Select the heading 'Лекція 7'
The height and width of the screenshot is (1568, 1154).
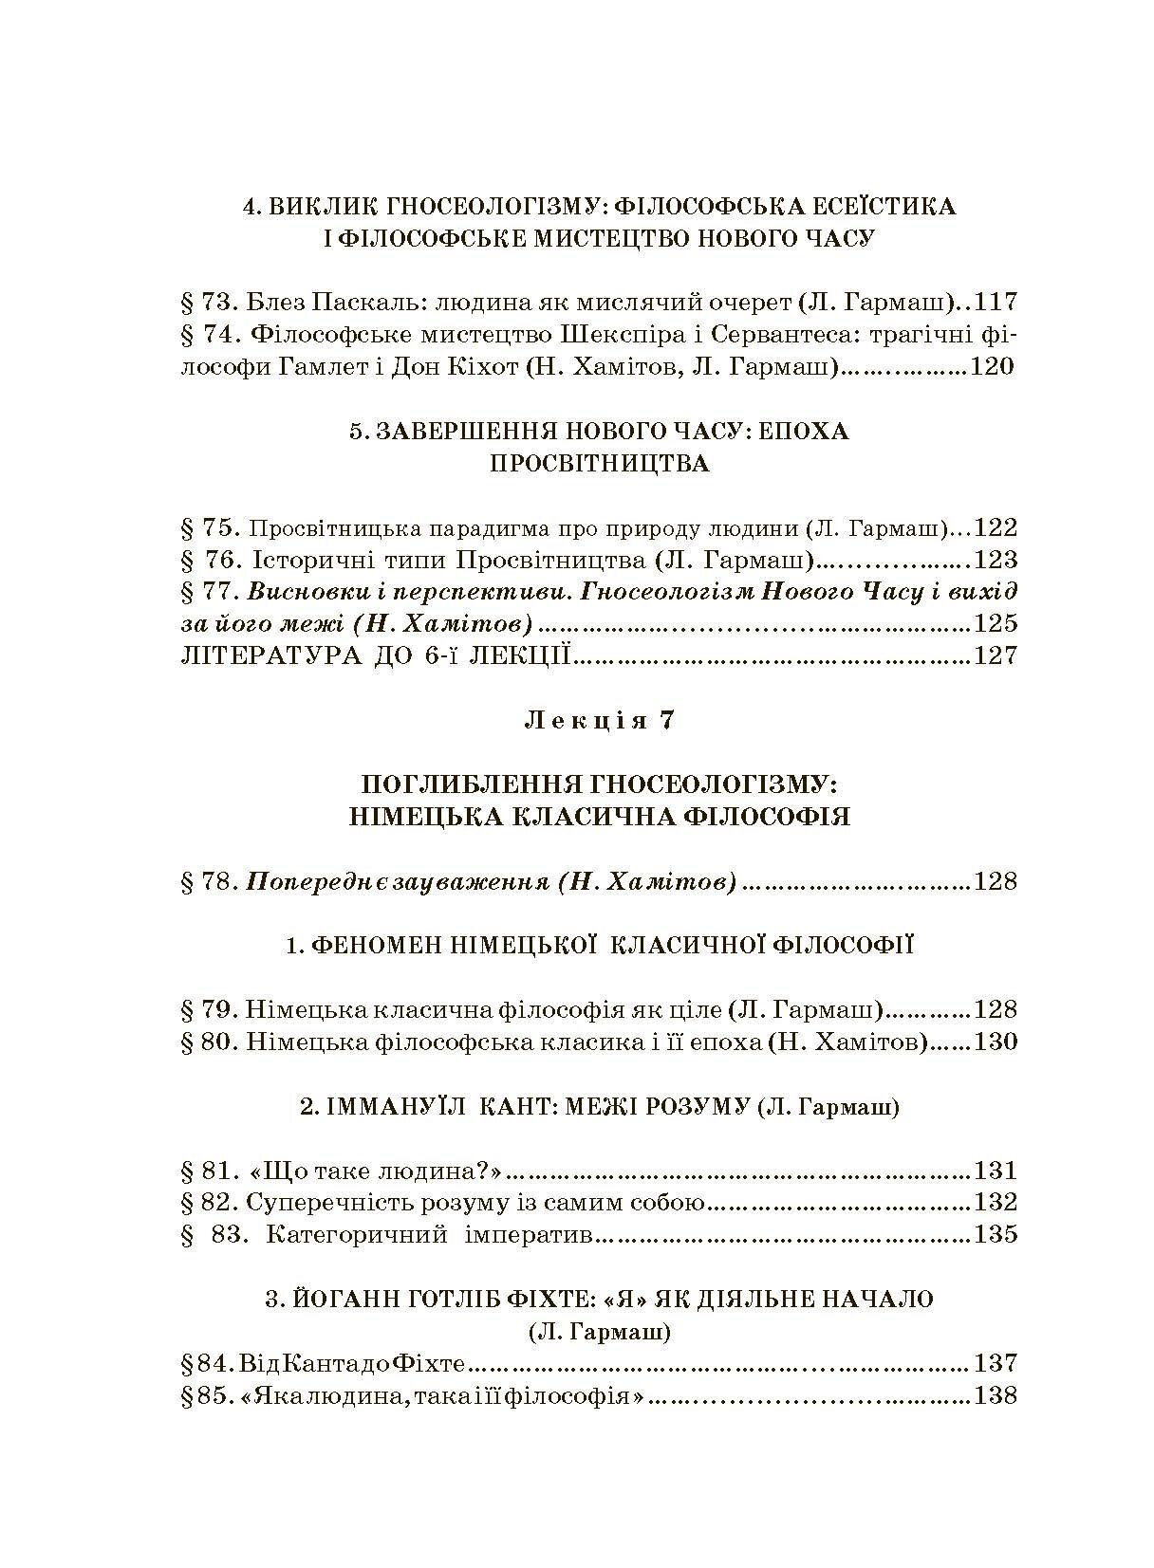599,720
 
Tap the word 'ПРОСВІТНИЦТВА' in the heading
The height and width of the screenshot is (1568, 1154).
599,464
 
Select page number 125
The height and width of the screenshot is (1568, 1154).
996,623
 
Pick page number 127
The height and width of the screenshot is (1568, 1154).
996,655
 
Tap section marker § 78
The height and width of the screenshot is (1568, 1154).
208,882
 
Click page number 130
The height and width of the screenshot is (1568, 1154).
996,1042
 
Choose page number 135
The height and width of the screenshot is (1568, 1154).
996,1235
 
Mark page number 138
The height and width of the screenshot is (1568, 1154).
996,1395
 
